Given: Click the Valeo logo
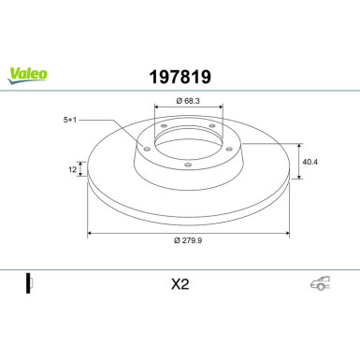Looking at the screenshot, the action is pos(27,76).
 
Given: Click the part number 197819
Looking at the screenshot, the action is pos(180,77).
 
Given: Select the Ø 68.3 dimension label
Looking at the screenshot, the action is pos(188,101).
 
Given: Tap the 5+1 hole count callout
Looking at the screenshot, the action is pos(70,120).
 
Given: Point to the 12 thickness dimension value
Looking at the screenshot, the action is pos(72,169).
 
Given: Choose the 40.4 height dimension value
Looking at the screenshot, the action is pos(310,162).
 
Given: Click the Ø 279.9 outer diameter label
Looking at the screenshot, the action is pos(188,240).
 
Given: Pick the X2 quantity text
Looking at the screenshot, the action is pos(180,284).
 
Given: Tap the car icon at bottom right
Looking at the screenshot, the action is pos(321,283).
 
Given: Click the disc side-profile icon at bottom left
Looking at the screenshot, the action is pos(30,283).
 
